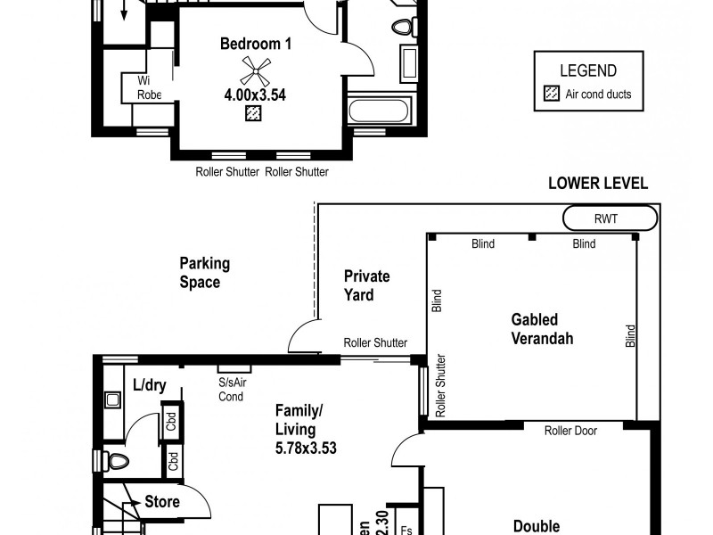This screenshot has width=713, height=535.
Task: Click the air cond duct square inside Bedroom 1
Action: pos(254,113)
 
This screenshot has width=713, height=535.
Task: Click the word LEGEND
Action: pos(586,70)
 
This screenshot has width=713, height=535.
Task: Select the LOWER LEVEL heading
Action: pos(597,184)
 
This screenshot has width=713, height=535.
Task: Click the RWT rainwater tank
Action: pos(611,218)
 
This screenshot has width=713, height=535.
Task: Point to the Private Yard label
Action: pos(366,285)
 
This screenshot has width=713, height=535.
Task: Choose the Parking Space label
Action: pos(204,272)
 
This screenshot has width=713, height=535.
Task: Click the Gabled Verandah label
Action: pos(535,328)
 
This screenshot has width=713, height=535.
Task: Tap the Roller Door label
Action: pos(570,430)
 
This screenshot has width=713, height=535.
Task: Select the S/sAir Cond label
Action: pos(232,389)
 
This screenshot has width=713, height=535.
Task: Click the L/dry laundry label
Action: pos(149,385)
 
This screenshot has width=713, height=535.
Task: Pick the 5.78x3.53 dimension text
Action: pos(305,449)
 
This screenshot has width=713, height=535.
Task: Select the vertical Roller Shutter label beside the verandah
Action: pos(440,386)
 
